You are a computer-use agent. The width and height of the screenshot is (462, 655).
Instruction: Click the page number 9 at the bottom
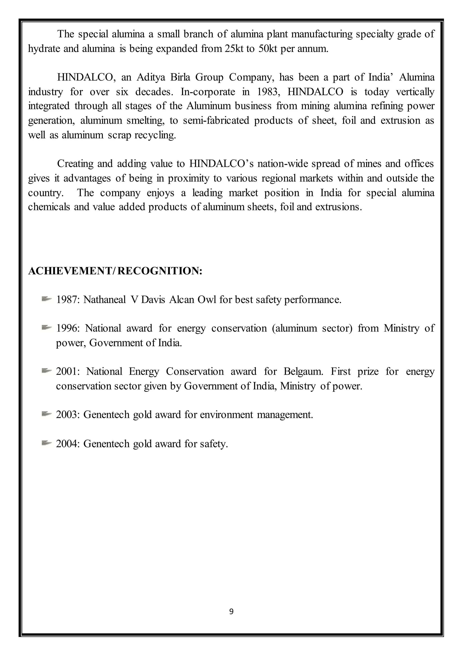231,611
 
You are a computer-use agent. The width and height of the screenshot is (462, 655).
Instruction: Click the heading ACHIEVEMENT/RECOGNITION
115,271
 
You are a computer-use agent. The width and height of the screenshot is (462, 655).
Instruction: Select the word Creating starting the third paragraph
75,164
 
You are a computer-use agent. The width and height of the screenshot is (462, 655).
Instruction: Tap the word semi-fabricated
216,121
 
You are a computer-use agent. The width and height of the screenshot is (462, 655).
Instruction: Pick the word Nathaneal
105,299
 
